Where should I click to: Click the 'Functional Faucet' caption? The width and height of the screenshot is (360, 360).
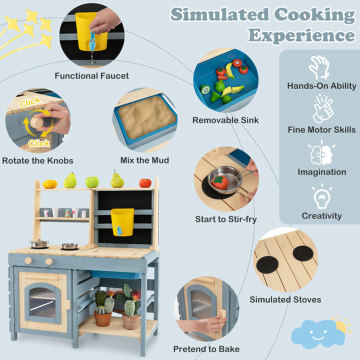(x=91, y=76)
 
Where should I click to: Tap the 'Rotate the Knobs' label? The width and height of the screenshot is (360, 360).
(x=37, y=160)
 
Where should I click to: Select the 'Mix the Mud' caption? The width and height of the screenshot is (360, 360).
(x=144, y=160)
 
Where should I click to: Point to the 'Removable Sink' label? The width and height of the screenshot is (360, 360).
(x=225, y=120)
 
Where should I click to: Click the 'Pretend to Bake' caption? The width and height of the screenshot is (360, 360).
(x=206, y=349)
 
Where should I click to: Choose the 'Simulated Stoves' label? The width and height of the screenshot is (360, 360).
(x=285, y=299)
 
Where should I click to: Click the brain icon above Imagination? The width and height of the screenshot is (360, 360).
(x=321, y=153)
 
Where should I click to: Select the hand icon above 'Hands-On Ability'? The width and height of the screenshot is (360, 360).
(x=319, y=67)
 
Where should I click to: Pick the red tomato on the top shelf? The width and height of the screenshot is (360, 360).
(x=145, y=183)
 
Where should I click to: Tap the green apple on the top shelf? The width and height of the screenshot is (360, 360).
(x=92, y=182)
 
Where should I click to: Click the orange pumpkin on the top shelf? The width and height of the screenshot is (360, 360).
(x=50, y=184)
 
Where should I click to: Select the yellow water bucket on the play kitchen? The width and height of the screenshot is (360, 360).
(x=122, y=222)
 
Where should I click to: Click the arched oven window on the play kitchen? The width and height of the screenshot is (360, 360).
(x=42, y=302)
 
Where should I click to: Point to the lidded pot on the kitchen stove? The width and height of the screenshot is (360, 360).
(x=39, y=243)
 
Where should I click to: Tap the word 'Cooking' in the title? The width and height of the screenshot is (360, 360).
(x=314, y=15)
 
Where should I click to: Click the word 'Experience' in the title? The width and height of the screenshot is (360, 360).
(x=301, y=35)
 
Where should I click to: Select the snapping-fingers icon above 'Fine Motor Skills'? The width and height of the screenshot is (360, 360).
(x=322, y=109)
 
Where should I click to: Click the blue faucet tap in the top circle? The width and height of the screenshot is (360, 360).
(x=92, y=41)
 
